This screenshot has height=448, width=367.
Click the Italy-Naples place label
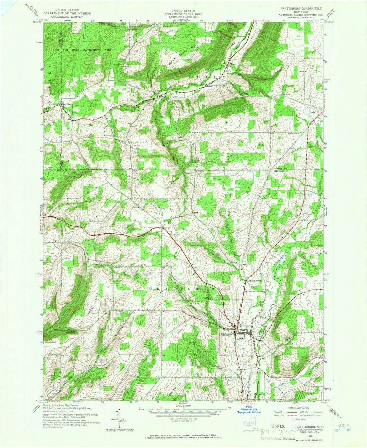67,104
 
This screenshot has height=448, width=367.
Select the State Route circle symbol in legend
294,419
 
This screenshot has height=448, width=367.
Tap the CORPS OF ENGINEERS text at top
183,17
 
